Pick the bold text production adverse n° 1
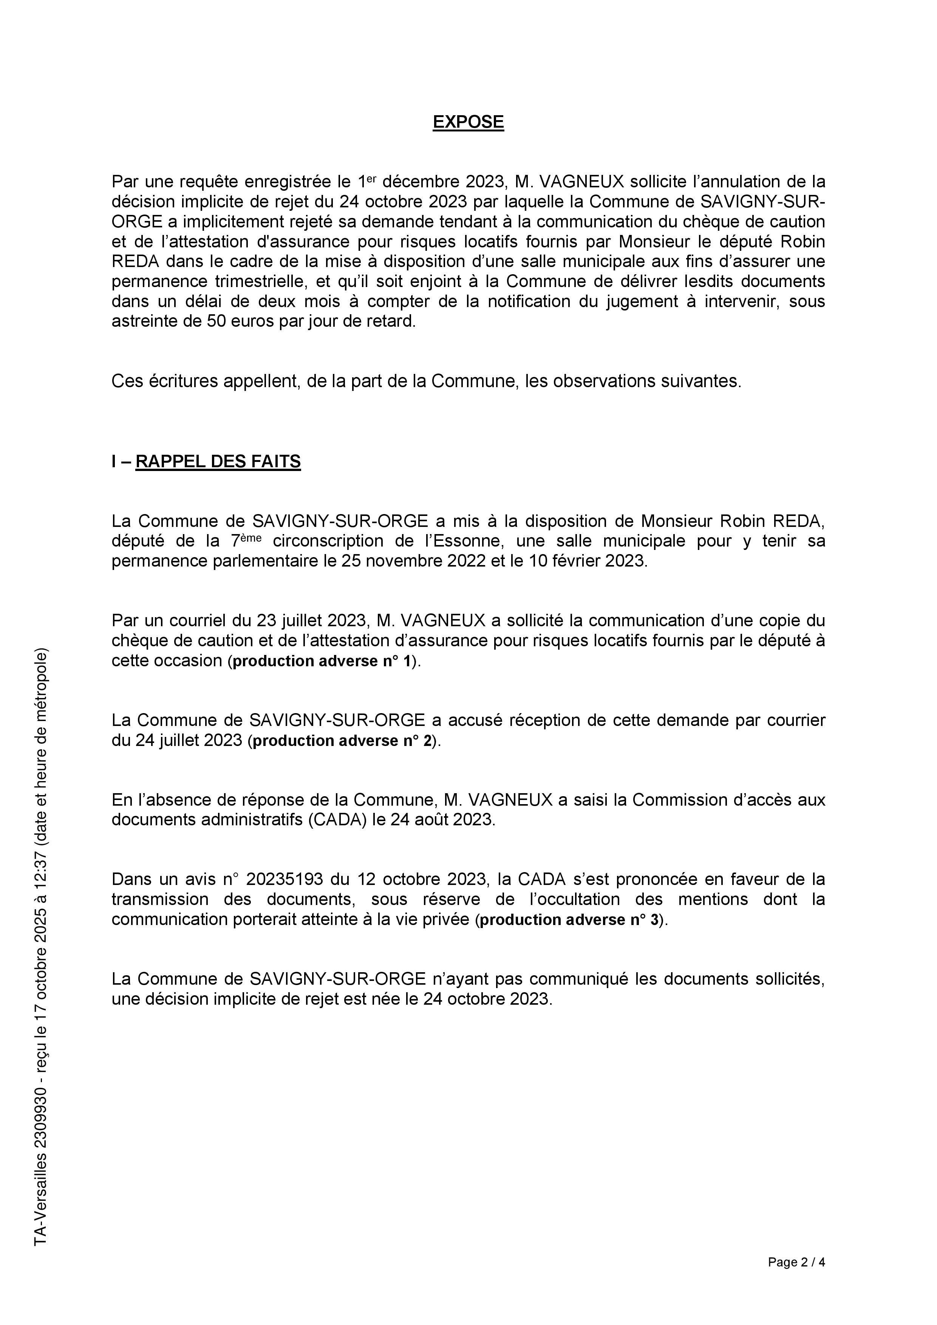tap(323, 661)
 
